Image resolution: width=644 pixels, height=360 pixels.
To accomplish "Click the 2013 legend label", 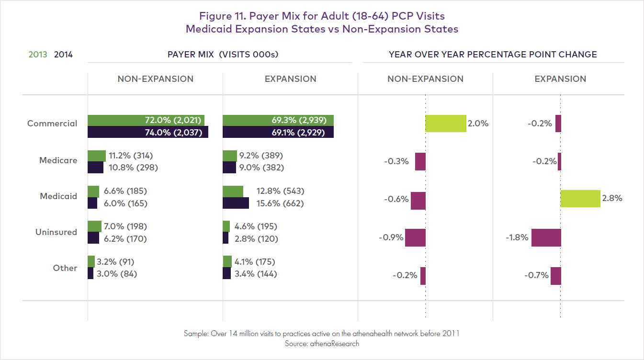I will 38,55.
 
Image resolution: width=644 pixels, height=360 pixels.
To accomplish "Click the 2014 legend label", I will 63,55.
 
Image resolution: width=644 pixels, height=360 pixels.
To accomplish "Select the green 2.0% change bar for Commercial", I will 445,124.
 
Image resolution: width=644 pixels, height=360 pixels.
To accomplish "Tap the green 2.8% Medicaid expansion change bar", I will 580,198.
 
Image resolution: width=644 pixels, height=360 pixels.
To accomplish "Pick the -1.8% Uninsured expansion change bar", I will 546,237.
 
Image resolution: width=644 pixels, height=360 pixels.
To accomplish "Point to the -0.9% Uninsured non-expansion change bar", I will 415,237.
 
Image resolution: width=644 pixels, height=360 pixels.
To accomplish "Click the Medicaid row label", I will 58,196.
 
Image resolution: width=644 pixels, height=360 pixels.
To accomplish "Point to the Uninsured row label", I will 56,232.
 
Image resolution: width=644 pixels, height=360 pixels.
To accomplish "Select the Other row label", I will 65,268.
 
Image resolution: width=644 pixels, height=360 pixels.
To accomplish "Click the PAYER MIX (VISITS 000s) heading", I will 223,55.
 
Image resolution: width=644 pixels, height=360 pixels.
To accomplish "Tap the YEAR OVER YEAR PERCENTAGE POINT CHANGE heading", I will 493,55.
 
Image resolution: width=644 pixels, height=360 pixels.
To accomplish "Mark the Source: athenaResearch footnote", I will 321,343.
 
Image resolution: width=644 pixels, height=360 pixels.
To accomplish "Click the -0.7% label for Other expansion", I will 536,275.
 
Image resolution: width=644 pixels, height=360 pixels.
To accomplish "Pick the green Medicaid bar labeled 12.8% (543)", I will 233,191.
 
